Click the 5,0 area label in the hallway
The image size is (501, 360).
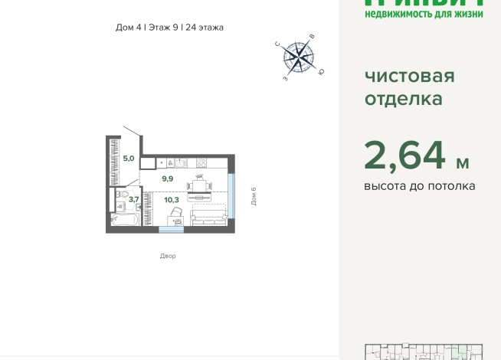click(129, 159)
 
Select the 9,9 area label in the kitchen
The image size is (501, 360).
click(167, 178)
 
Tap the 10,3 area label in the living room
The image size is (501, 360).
click(172, 200)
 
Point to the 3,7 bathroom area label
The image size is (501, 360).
click(133, 199)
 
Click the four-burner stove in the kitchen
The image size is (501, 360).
click(201, 162)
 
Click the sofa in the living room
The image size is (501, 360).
click(207, 218)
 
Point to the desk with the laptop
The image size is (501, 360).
click(177, 219)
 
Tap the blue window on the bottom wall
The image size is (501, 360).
click(171, 229)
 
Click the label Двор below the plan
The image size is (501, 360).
click(168, 256)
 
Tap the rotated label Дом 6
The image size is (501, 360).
click(254, 196)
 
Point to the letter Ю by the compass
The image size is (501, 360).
click(321, 72)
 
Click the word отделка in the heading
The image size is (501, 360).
click(403, 99)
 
